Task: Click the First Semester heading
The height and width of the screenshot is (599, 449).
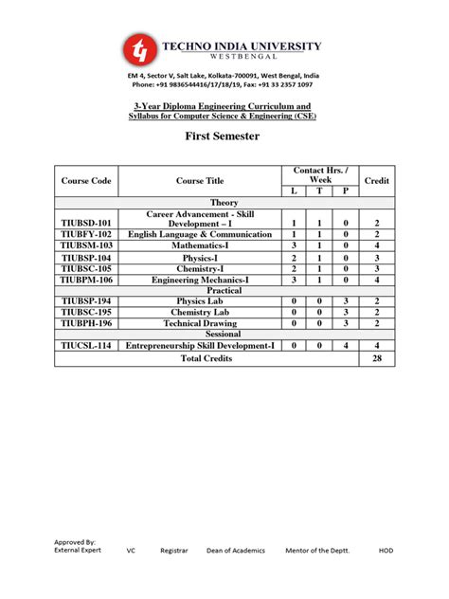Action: (x=224, y=136)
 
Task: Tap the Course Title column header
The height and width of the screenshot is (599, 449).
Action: (x=200, y=180)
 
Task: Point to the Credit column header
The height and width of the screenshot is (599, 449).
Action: (x=377, y=180)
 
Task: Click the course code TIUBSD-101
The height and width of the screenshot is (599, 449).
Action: (x=86, y=224)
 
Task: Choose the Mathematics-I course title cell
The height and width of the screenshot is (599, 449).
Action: (x=200, y=245)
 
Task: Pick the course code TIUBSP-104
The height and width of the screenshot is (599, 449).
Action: (x=86, y=257)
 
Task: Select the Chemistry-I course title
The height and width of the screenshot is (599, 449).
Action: (x=200, y=268)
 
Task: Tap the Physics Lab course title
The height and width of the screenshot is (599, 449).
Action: (x=200, y=300)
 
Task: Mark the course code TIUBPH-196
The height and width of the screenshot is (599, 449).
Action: (x=86, y=323)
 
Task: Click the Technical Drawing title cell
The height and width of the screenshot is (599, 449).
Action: (x=200, y=323)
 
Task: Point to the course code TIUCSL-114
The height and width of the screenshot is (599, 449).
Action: (x=86, y=346)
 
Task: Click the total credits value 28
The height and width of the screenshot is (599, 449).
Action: (x=377, y=360)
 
